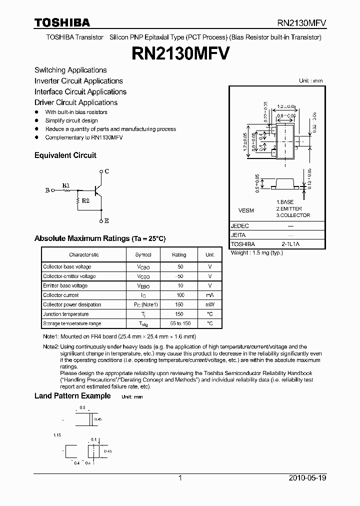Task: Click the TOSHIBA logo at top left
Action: click(62, 22)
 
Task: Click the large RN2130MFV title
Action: click(180, 53)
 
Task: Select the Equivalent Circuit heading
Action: click(65, 155)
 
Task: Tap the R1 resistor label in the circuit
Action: click(66, 185)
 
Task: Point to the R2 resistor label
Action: click(85, 200)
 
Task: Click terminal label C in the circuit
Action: click(107, 171)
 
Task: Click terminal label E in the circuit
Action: click(107, 220)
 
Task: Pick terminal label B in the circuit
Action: click(47, 190)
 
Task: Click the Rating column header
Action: click(179, 254)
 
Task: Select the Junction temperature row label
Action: click(65, 314)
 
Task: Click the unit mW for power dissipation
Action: click(210, 304)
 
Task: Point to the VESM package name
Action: click(247, 211)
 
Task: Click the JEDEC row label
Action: click(240, 225)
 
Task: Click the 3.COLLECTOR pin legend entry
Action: click(293, 215)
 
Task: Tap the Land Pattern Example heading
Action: click(72, 396)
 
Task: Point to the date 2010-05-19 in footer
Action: click(307, 478)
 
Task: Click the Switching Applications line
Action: click(70, 70)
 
